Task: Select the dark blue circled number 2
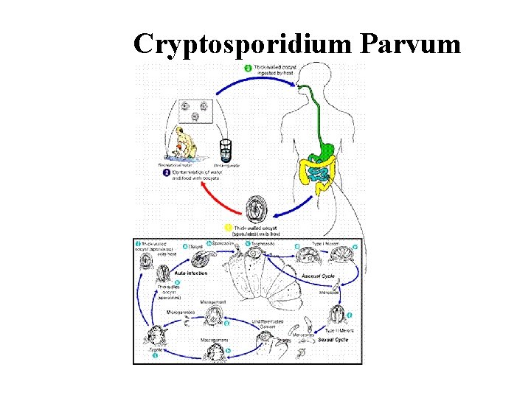tap(166, 172)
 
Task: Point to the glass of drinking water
tap(226, 149)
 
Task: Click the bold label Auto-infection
tap(190, 273)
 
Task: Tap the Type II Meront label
tap(340, 330)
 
